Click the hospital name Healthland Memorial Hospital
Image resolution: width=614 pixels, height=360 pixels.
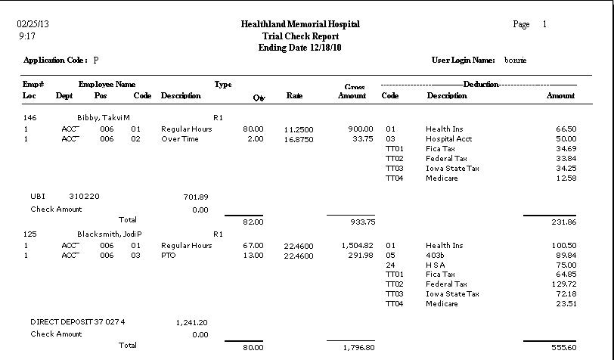(x=300, y=24)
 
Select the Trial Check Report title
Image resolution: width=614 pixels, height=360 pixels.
(x=300, y=36)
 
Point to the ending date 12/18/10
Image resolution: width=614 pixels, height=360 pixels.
(x=300, y=48)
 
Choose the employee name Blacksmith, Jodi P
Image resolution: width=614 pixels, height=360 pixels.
(x=110, y=234)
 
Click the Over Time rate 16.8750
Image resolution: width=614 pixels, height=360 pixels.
(x=299, y=139)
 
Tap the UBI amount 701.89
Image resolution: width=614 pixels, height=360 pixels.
(x=195, y=197)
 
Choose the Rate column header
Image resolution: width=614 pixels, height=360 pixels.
(x=295, y=96)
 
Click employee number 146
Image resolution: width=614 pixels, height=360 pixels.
(x=30, y=118)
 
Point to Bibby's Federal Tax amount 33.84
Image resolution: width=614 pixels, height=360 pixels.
(x=566, y=159)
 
